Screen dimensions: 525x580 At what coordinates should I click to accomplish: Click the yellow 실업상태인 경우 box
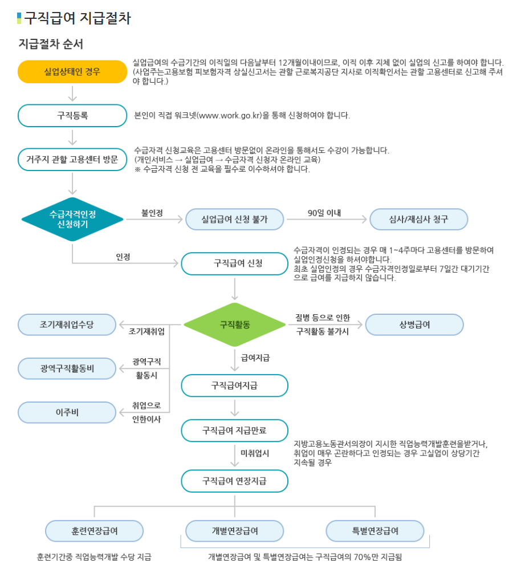pos(72,72)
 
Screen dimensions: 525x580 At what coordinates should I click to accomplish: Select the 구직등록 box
pos(72,115)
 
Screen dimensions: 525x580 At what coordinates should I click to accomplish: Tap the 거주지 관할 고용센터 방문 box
pos(72,159)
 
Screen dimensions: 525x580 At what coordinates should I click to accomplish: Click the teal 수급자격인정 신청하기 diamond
pos(72,219)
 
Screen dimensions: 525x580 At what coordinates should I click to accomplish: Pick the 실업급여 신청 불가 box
pos(234,219)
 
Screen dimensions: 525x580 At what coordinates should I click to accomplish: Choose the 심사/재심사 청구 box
pos(418,219)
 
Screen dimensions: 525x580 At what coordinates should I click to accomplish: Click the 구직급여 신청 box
pos(234,263)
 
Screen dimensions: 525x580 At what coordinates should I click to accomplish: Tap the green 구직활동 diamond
pos(234,325)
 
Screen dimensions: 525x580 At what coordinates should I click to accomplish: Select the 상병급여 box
pos(414,325)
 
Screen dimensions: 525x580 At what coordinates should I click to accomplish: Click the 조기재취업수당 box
pos(67,325)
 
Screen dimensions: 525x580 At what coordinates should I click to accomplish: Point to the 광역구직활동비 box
pos(67,368)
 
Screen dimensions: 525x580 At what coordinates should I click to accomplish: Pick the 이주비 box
pos(67,412)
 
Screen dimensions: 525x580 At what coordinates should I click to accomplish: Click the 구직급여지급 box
pos(234,386)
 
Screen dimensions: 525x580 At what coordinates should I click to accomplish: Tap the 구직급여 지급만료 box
pos(234,431)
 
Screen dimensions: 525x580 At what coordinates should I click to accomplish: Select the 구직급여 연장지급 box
pos(234,481)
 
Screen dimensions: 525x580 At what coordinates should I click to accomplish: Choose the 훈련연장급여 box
pos(95,531)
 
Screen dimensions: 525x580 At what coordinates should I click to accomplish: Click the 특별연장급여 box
pos(375,531)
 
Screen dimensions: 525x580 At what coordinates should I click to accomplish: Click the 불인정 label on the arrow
pos(152,213)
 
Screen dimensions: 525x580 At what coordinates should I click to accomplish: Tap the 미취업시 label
pos(255,453)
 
